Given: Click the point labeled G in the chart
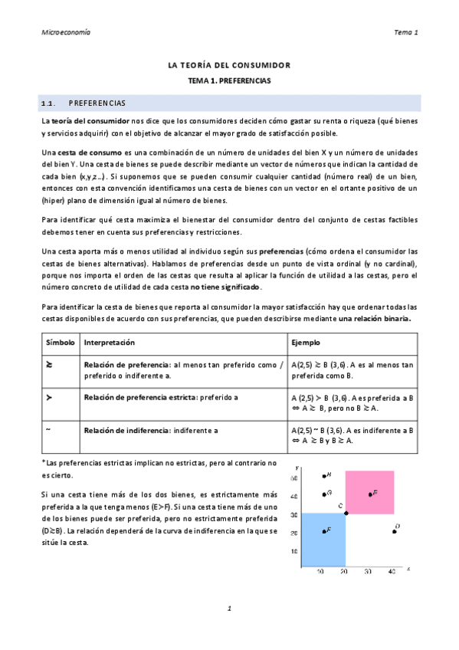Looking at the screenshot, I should coord(324,494).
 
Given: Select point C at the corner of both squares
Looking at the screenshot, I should coord(346,513).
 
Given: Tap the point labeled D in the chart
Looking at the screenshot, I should coord(394,530).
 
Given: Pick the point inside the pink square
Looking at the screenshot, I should coord(370,494).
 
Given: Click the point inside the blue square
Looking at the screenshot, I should coord(323,530).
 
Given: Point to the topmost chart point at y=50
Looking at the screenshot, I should coord(324,476).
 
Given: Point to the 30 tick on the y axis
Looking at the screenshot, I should coord(295,513).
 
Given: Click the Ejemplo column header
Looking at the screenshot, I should coord(306,342).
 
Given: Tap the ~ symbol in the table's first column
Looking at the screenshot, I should coord(48,429).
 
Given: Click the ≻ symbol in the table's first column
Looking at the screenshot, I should coord(49,397).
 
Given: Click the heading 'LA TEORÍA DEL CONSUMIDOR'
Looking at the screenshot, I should coord(229,66).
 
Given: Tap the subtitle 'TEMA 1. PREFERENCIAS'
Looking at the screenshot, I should coord(229,80).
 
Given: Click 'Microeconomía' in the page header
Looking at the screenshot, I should coord(65,32).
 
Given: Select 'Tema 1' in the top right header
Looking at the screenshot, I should coord(405,32).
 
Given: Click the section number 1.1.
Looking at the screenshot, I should coord(49,102).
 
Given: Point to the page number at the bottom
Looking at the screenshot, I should coord(229,608).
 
